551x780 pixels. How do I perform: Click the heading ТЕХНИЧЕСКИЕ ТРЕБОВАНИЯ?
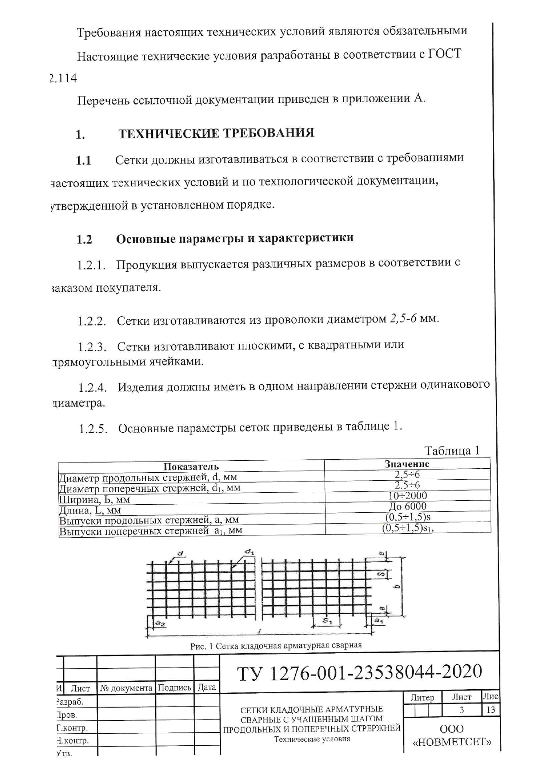216,133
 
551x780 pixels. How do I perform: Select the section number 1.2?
84,240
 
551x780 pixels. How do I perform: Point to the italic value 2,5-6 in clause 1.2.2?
403,319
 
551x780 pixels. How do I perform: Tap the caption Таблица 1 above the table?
451,450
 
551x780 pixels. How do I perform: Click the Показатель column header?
191,466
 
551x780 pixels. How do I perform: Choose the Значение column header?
407,464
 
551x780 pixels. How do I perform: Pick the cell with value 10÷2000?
407,495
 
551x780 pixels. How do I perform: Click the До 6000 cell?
407,506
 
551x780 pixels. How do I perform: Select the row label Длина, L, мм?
90,510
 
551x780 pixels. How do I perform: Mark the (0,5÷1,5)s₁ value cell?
407,528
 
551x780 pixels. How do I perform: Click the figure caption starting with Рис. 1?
275,645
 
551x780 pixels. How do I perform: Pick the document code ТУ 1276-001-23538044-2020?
359,672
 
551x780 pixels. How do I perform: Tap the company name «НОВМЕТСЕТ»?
452,742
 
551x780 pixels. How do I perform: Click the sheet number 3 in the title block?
462,710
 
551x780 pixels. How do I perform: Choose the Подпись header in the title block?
175,688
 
